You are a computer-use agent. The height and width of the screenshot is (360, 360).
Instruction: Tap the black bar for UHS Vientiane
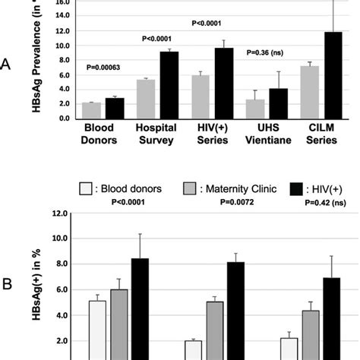279,101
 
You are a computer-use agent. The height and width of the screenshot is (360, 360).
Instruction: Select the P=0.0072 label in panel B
228,201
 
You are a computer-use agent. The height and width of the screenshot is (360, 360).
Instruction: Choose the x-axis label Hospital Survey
156,134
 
